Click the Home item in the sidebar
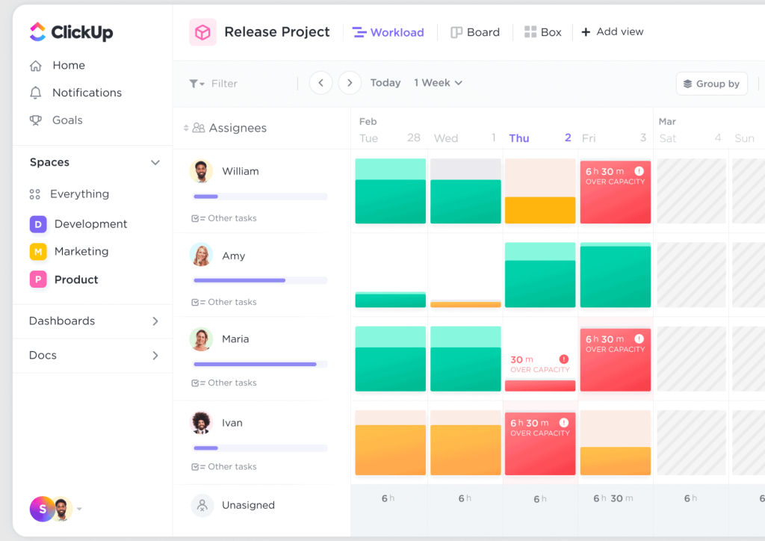[x=68, y=66]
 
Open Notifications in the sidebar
[x=86, y=93]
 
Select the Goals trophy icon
[x=35, y=120]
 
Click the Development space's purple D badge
[x=38, y=224]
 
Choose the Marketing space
[x=81, y=252]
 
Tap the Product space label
[x=76, y=279]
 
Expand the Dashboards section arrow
[x=155, y=321]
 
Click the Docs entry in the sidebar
[x=43, y=356]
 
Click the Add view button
[x=613, y=32]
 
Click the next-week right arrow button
[x=350, y=83]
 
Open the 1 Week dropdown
[x=438, y=83]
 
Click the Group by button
[x=711, y=84]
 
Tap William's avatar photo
[x=201, y=171]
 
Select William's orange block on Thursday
[x=540, y=210]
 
